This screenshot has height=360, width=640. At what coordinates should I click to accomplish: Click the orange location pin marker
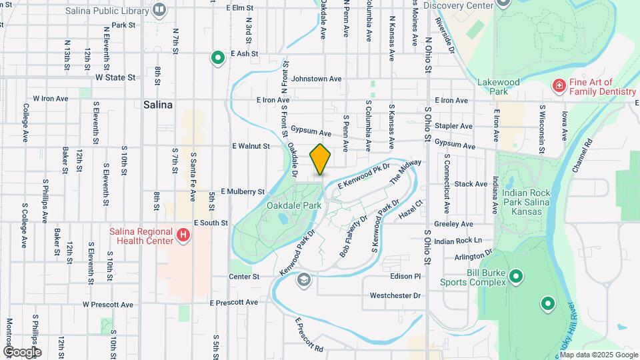(321, 159)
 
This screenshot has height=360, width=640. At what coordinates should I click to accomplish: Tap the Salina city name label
(158, 105)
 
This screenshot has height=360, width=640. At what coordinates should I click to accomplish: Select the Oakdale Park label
(294, 205)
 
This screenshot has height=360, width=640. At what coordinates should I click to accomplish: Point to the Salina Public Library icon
(159, 9)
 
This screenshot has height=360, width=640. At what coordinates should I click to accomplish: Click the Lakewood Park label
(498, 87)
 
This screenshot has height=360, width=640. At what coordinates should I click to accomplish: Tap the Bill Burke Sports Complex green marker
(515, 276)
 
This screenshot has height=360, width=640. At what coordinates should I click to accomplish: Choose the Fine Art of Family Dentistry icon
(559, 85)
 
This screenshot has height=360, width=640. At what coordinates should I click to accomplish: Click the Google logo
(21, 351)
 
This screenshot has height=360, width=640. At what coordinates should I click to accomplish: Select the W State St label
(115, 77)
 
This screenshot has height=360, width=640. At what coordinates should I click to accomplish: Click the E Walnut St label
(251, 145)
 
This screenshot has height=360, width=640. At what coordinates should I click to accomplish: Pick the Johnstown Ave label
(316, 79)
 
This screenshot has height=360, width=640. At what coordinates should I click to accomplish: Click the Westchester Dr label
(395, 295)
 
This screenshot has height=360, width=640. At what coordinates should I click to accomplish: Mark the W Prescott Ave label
(108, 305)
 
